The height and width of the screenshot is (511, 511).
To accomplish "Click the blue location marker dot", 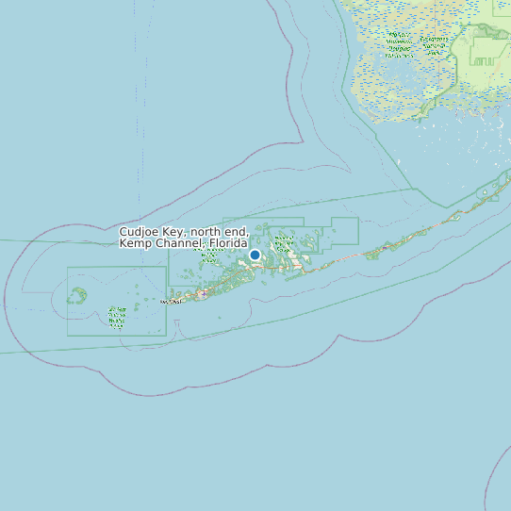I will coord(255,255).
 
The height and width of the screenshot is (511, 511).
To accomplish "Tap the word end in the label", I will coord(238,232).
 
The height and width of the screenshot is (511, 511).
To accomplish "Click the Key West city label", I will coord(172,302).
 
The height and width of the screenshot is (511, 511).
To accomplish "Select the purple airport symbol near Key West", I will coord(203,294).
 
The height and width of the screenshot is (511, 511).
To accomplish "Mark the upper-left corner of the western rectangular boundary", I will coord(67,267).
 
